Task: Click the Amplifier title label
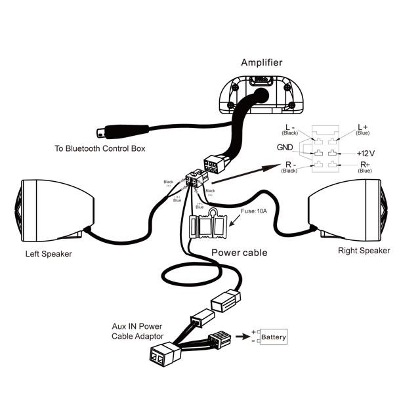point(262,63)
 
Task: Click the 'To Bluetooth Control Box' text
point(100,149)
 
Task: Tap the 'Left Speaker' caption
point(49,253)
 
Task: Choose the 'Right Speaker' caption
point(364,251)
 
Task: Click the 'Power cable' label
point(239,252)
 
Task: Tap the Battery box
point(274,338)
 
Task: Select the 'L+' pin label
point(363,126)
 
